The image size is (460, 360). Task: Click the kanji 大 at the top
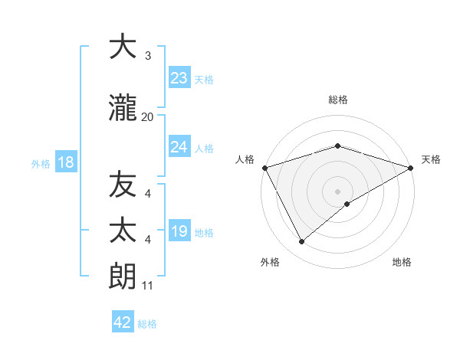tap(123, 47)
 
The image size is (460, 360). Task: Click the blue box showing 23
tap(179, 77)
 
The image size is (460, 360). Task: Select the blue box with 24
tap(179, 147)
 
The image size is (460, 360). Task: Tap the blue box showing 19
tap(179, 231)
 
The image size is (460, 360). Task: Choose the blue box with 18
tap(65, 162)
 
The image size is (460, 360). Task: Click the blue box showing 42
tap(123, 322)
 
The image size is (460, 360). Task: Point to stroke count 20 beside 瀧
tap(147, 116)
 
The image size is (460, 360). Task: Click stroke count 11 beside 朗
tap(147, 286)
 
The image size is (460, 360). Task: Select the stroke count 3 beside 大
tap(147, 56)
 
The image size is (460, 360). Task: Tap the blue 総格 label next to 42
tap(148, 324)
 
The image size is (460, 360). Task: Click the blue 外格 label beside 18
tap(41, 163)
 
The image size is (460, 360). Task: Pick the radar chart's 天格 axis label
tap(431, 159)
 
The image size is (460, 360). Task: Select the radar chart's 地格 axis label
tap(402, 262)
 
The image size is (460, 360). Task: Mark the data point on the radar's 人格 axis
tap(264, 167)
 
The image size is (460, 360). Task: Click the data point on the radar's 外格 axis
tap(302, 242)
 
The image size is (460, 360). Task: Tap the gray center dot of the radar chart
tap(337, 191)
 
